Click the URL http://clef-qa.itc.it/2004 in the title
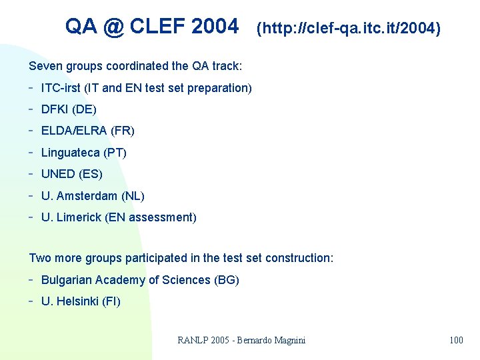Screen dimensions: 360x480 click(x=348, y=29)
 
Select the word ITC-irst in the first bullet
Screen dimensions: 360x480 click(x=60, y=88)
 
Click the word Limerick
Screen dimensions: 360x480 click(x=79, y=217)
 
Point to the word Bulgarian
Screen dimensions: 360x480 click(x=67, y=280)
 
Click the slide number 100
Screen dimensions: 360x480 click(x=456, y=341)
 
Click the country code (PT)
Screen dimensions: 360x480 click(x=115, y=153)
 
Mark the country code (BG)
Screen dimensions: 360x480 click(x=227, y=280)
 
